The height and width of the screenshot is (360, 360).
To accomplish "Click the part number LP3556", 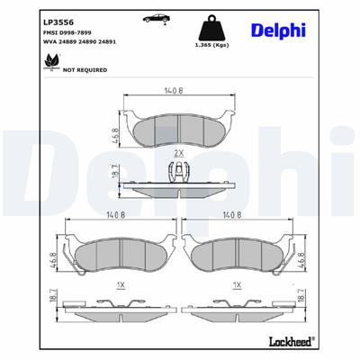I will [x=32, y=17].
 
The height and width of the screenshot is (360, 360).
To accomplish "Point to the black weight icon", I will [x=211, y=24].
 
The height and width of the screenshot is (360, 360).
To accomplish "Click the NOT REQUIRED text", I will [x=60, y=69].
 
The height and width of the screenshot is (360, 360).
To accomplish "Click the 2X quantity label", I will [x=178, y=154].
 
